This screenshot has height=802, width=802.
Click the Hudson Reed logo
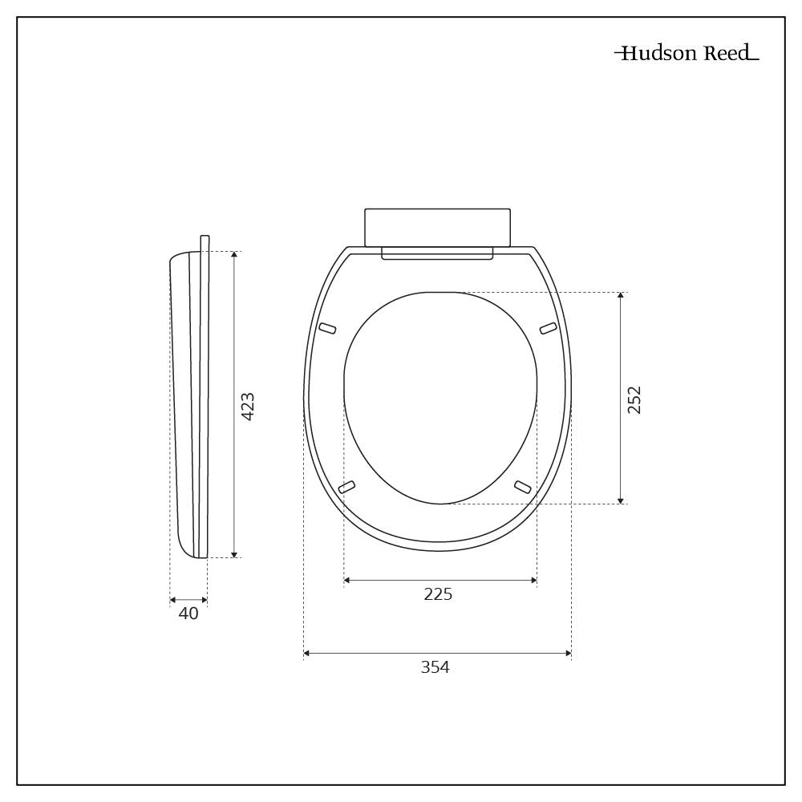click(x=687, y=54)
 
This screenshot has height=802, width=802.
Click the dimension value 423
click(x=248, y=407)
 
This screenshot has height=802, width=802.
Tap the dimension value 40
click(x=188, y=614)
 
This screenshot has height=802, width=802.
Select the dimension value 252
click(x=634, y=399)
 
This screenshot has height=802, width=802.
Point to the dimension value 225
click(x=438, y=594)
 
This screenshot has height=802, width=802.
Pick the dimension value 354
click(x=435, y=667)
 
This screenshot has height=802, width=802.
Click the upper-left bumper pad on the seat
click(x=327, y=327)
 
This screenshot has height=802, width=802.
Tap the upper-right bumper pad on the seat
click(x=549, y=327)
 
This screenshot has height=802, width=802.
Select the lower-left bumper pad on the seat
click(x=346, y=487)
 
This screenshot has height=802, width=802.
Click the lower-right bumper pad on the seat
click(x=523, y=487)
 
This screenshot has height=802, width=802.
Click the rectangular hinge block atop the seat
click(x=437, y=227)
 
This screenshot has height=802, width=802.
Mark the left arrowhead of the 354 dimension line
click(x=306, y=654)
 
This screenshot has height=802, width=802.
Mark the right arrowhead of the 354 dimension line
click(x=569, y=654)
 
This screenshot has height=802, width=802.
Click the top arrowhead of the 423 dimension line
click(x=234, y=255)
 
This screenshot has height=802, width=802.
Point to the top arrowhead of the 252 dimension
click(x=621, y=296)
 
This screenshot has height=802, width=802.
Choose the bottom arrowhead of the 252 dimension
click(x=621, y=500)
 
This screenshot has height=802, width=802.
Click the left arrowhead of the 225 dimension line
click(x=346, y=580)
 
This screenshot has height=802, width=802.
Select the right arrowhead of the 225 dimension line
click(x=534, y=580)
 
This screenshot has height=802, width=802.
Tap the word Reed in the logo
click(x=727, y=54)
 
